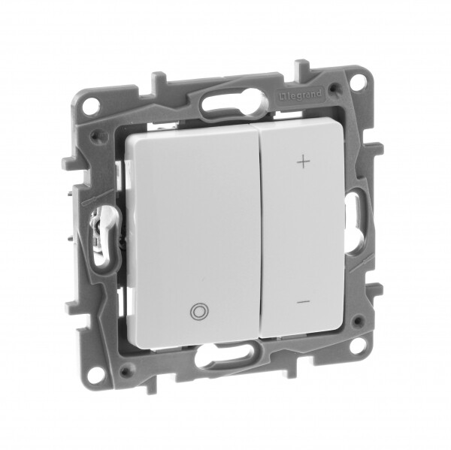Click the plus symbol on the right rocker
click(304, 162)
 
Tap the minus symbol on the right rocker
click(304, 302)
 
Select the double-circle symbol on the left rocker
click(198, 312)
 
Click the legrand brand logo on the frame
click(300, 95)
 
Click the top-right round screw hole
click(359, 80)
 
